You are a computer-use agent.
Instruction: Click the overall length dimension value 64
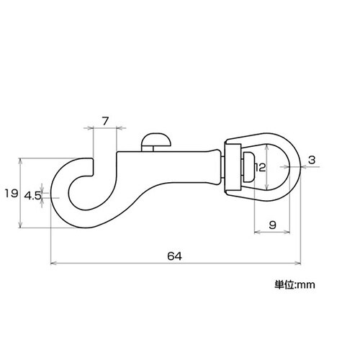point(174,256)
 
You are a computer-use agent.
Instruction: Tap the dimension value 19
point(11,193)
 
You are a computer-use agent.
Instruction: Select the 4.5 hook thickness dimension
point(32,195)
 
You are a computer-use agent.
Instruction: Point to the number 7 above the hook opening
point(105,120)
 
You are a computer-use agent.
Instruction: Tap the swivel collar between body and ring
point(233,167)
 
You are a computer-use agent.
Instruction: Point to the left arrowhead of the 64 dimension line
point(52,264)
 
